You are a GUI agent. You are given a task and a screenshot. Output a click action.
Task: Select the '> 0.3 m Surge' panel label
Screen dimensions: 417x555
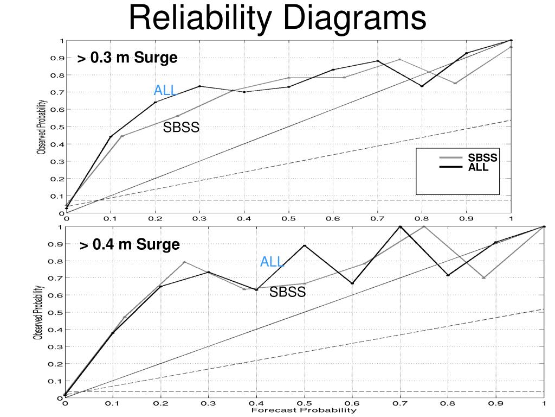(127, 58)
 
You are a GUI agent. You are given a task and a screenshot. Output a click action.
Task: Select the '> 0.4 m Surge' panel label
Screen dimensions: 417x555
(130, 244)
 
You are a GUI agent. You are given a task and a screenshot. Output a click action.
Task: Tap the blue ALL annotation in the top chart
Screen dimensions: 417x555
(165, 90)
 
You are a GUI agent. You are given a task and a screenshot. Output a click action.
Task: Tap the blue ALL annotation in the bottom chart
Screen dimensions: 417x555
(272, 262)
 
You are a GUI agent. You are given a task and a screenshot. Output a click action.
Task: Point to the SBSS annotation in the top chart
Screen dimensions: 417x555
(182, 128)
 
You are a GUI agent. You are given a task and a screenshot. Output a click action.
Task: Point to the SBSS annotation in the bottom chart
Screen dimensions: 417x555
(288, 292)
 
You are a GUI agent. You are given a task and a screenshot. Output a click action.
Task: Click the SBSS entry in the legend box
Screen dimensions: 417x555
(482, 159)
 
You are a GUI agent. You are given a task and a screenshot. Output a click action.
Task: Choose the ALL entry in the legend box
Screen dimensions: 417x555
(479, 168)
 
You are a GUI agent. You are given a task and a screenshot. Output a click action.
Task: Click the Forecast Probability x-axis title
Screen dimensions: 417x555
(304, 410)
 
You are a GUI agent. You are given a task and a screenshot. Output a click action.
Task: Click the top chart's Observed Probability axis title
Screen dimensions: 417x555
(41, 127)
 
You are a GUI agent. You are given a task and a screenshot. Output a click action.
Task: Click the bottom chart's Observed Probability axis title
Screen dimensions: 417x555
(38, 312)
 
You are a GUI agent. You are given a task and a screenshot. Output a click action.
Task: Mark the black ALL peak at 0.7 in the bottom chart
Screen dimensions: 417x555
(400, 226)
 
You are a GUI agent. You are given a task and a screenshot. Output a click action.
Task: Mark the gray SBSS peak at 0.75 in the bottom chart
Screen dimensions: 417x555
(424, 226)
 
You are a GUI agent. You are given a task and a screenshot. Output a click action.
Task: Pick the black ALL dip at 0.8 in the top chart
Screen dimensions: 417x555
(422, 86)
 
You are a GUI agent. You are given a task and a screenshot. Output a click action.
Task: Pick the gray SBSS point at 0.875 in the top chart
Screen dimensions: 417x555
(455, 83)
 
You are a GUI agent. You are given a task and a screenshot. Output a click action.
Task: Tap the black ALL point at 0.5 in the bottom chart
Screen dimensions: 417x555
(305, 245)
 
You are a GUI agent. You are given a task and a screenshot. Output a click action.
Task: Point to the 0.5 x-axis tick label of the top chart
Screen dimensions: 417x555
(288, 219)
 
